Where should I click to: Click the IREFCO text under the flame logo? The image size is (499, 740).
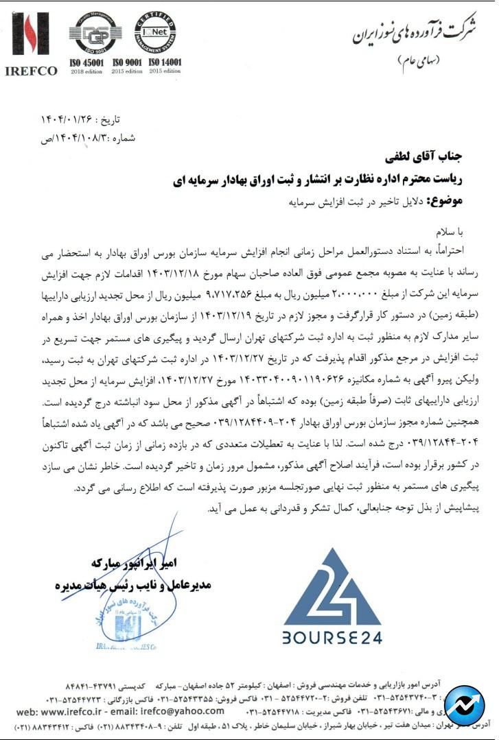coord(31,71)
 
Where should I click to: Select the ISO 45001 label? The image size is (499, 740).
coord(86,63)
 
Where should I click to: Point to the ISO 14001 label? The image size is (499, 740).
coord(165,63)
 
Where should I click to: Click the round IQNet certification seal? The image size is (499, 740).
coord(155,32)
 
